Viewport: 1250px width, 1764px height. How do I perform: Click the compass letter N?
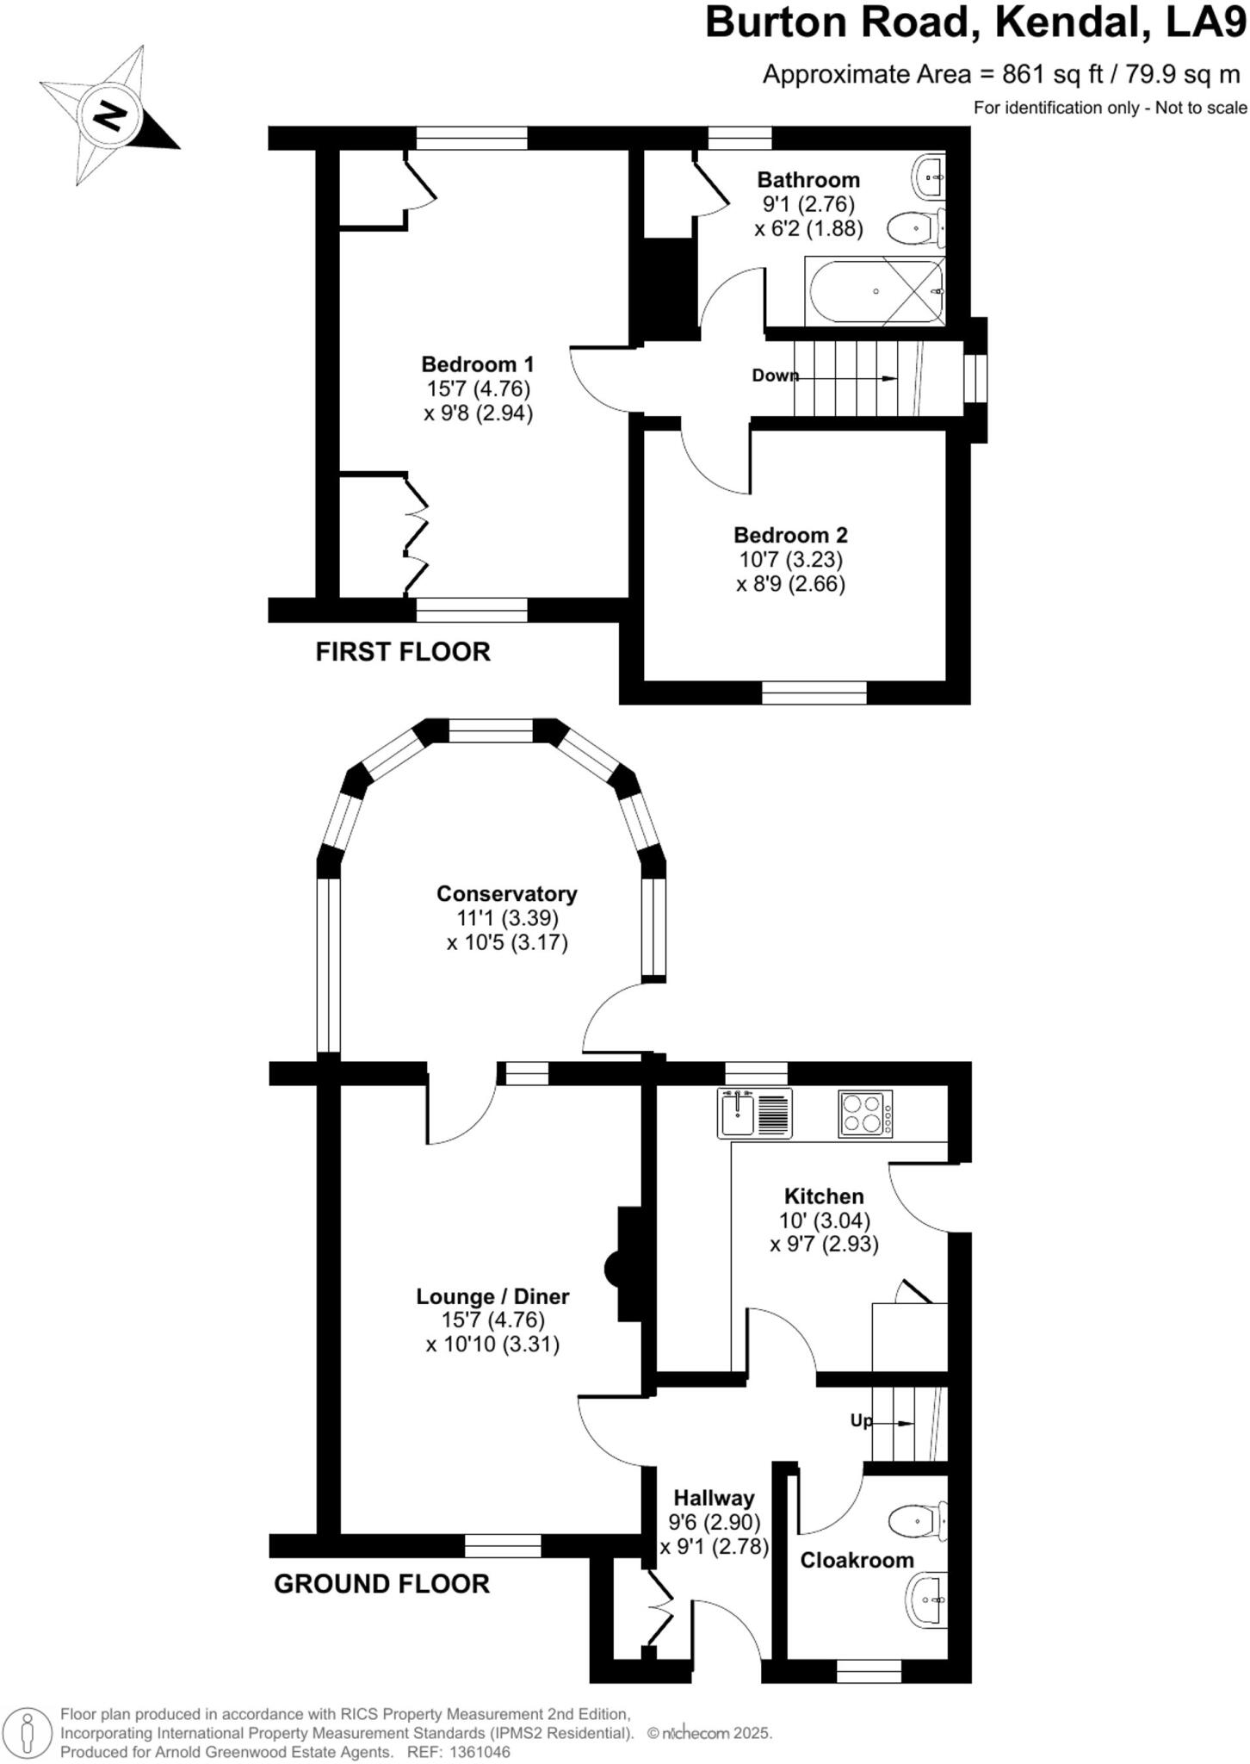point(110,115)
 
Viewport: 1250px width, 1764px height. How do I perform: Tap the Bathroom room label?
point(808,180)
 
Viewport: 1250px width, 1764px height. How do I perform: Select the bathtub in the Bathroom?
point(874,292)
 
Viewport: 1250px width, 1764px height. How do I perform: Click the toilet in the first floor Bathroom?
point(917,229)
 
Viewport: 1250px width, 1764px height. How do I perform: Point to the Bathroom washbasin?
point(930,177)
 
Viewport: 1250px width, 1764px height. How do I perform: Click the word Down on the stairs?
point(775,376)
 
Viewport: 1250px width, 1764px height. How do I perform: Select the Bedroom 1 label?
point(478,363)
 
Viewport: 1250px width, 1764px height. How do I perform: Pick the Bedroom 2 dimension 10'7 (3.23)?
point(790,560)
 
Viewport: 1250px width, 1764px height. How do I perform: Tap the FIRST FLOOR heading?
point(403,652)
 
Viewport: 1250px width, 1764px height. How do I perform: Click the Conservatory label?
point(506,893)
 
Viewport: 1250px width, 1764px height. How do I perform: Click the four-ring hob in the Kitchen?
point(864,1114)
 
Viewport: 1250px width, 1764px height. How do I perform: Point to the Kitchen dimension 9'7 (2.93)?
point(824,1245)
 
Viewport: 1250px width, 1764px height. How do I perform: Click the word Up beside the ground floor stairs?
point(860,1421)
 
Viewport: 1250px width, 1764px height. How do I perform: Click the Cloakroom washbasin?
point(928,1600)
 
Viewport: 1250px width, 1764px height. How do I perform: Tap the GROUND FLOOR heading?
point(381,1584)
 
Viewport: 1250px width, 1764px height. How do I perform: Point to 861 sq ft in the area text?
point(1052,75)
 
